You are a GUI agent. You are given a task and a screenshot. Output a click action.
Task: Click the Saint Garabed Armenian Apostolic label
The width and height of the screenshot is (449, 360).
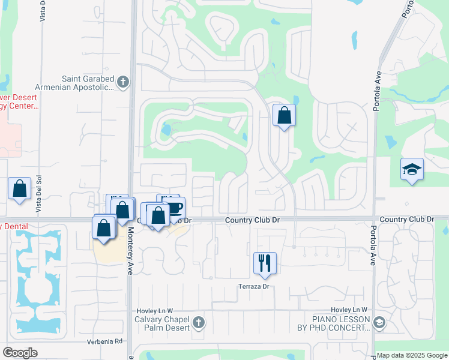[88, 83]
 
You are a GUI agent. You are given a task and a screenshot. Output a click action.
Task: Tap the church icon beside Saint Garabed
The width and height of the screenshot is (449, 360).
[123, 82]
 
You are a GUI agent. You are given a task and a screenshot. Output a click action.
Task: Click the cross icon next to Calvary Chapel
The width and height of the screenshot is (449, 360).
[199, 324]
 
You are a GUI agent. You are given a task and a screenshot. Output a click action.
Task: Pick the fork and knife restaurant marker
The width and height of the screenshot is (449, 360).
[265, 262]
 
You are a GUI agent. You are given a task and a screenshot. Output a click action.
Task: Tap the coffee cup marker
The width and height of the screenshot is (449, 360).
[175, 208]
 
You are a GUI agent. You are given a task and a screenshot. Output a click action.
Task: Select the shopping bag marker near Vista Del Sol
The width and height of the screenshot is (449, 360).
[20, 188]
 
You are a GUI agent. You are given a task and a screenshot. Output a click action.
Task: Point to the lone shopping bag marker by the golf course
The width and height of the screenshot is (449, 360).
[284, 115]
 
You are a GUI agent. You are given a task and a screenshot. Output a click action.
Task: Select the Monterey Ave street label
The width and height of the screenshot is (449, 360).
[130, 254]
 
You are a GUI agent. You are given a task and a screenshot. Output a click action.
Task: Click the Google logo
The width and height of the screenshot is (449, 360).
[20, 352]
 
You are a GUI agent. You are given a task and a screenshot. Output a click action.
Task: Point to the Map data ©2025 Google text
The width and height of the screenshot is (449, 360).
[412, 355]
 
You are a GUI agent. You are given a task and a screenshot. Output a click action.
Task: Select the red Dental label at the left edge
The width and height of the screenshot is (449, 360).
[11, 226]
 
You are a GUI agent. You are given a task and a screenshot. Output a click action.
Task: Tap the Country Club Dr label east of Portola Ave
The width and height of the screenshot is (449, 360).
[406, 220]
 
